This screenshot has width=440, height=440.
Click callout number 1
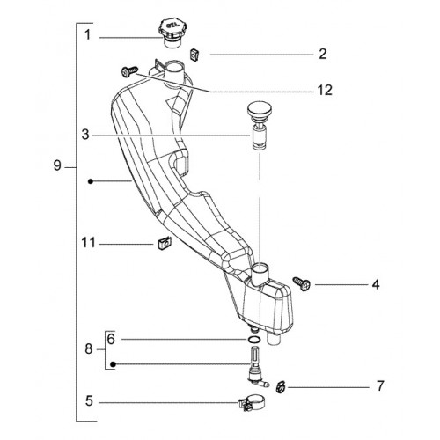(x=87, y=35)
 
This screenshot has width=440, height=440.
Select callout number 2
(x=323, y=55)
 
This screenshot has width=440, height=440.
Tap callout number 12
(x=325, y=91)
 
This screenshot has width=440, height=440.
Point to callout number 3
(x=85, y=135)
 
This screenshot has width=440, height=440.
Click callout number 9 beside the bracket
(x=57, y=165)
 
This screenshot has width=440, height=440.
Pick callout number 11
(x=88, y=243)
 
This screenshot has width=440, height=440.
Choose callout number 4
(x=376, y=285)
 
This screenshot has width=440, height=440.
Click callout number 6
(x=111, y=339)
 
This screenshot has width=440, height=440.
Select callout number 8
(x=89, y=349)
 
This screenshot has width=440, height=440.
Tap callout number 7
(x=380, y=386)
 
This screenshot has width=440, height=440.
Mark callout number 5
(x=89, y=401)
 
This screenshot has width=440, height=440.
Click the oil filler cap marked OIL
(x=171, y=33)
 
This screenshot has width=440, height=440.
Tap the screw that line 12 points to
(x=129, y=71)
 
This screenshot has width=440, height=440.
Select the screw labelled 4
(x=302, y=283)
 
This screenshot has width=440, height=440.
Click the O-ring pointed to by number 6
(x=254, y=340)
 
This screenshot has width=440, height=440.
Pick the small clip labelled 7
(x=281, y=386)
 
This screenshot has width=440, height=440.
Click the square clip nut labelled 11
(x=165, y=244)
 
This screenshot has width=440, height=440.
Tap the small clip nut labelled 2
(x=194, y=55)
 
